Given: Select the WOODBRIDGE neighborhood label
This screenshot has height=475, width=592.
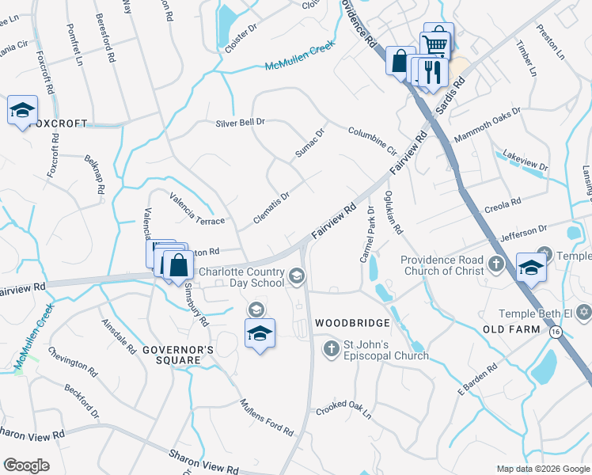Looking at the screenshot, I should click(352, 323).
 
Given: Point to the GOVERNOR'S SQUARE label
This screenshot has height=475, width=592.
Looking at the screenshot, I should click(178, 355).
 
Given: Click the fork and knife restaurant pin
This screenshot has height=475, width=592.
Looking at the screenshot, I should click(433, 72).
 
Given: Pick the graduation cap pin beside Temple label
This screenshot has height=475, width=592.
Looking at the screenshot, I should click(531, 267).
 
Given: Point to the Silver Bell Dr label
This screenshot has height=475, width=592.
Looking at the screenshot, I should click(240, 123).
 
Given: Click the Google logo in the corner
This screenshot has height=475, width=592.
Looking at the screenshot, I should click(26, 465).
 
